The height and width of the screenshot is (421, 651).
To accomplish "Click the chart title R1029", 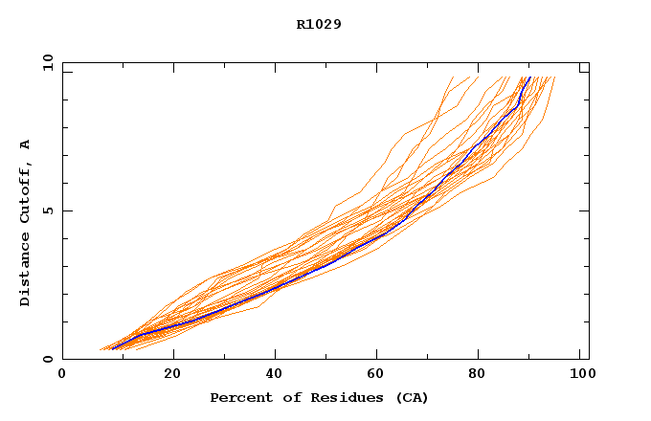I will [319, 24].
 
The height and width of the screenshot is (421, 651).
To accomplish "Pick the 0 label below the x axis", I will [62, 374].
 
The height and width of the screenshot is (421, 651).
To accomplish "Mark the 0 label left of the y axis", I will [47, 360].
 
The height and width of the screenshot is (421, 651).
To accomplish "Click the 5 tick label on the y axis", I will [47, 210].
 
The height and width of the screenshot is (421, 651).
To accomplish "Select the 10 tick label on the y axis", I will [47, 62].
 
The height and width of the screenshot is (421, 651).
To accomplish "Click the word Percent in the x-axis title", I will [236, 398].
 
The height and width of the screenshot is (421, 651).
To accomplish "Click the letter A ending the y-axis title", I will [26, 144].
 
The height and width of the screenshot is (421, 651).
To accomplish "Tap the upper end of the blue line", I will [529, 78].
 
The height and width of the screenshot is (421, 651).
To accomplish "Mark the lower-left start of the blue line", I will [113, 348].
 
